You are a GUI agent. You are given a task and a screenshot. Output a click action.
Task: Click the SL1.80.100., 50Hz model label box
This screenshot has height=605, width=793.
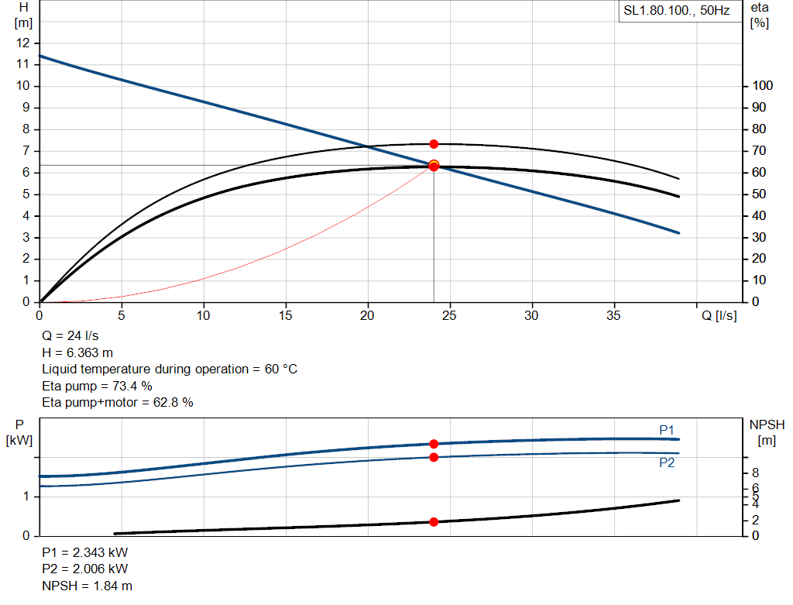pos(676,12)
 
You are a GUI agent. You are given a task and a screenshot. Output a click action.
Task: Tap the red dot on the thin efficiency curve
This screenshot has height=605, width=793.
pos(434,144)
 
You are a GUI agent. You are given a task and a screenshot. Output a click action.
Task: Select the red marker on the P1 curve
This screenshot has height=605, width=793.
pos(434,444)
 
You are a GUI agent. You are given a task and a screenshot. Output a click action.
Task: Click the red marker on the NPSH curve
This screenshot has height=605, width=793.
pos(434,521)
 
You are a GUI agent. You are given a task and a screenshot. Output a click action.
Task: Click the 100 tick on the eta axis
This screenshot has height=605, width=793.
pos(762,86)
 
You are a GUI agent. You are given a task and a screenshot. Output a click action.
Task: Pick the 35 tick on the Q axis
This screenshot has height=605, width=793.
pos(614,315)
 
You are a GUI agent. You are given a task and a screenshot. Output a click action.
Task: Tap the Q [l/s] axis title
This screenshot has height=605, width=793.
pos(719,315)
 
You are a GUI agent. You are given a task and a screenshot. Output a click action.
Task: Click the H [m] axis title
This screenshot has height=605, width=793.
pos(24,15)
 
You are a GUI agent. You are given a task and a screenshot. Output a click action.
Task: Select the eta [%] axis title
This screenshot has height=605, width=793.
pos(759,15)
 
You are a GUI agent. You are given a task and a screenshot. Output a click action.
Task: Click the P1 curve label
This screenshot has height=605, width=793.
pos(667,429)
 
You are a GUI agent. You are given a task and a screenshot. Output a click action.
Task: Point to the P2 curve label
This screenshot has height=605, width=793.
pos(667,462)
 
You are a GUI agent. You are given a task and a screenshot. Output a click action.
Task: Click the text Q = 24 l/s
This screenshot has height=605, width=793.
pos(70,336)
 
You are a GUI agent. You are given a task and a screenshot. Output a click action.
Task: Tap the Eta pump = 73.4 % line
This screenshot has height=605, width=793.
pos(98,386)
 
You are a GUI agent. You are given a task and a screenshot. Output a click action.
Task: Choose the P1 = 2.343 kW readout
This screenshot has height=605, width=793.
pos(85,553)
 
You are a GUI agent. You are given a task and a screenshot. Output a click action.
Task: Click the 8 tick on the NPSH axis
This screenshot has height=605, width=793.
pos(756,473)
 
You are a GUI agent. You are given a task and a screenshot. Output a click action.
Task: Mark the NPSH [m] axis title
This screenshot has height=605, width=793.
pos(767,432)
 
